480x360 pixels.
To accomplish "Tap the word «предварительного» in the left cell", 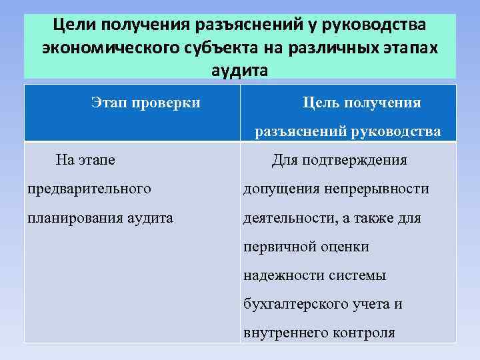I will pos(89,189).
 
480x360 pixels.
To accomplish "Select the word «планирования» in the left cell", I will pos(74,218).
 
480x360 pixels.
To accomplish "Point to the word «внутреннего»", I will pos(283,333).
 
